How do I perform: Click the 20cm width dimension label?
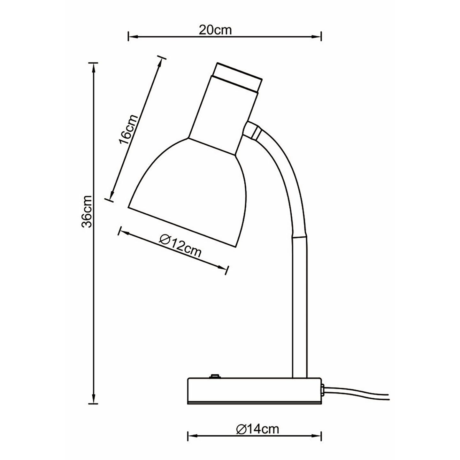coord(215,30)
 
